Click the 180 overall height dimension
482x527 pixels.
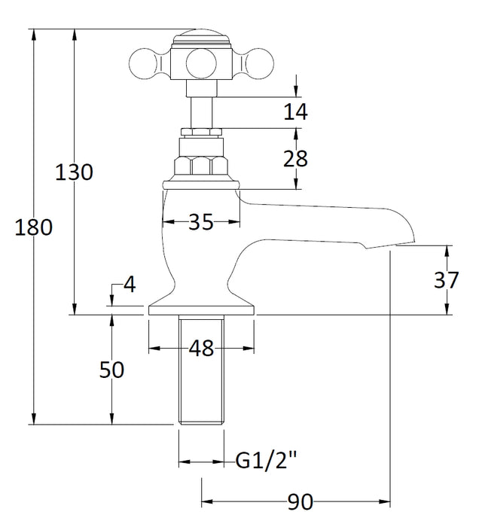[34, 227]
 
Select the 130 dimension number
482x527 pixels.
[74, 172]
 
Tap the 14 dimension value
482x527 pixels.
[295, 111]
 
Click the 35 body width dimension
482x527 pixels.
[201, 221]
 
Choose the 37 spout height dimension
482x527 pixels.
[447, 279]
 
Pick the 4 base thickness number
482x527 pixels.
[130, 285]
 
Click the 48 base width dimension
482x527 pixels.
[201, 348]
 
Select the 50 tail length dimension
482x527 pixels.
[111, 370]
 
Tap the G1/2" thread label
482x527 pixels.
[266, 461]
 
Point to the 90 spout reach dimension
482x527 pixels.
[300, 502]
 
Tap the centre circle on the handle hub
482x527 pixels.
[201, 63]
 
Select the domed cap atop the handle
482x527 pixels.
[201, 38]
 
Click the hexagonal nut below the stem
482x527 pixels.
[201, 166]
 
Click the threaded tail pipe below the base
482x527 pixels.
[201, 370]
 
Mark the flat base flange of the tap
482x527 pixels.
[201, 310]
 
